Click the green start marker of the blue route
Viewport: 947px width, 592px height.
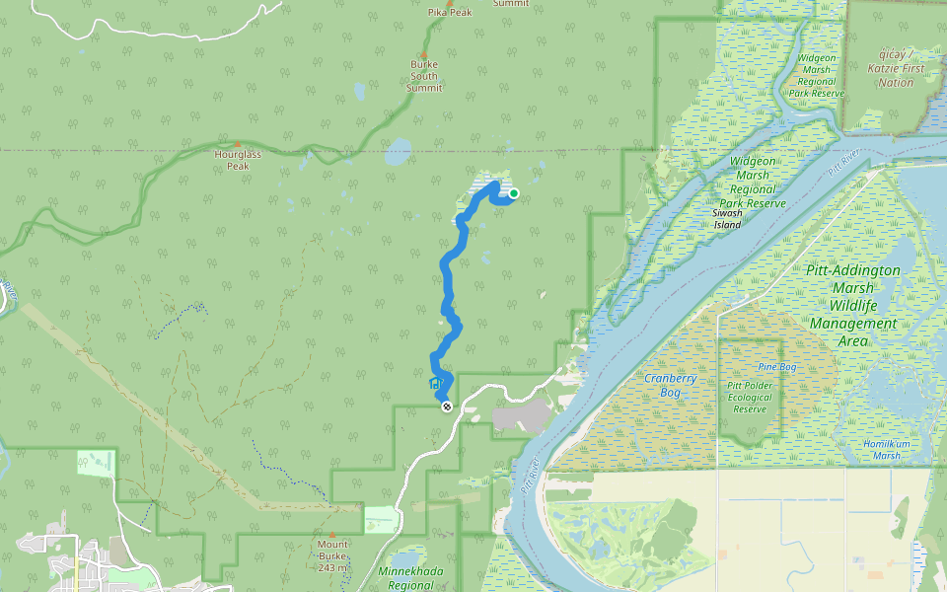pyautogui.click(x=514, y=193)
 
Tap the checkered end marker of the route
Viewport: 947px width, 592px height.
pyautogui.click(x=447, y=406)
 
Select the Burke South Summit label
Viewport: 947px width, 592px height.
pyautogui.click(x=424, y=76)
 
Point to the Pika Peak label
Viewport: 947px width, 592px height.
pyautogui.click(x=450, y=12)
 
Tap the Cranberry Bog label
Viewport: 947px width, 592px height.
pyautogui.click(x=671, y=384)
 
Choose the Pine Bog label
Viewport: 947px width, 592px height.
pyautogui.click(x=776, y=367)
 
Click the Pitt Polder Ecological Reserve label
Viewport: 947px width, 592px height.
pyautogui.click(x=750, y=397)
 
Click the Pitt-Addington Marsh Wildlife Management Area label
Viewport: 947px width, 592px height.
pyautogui.click(x=853, y=305)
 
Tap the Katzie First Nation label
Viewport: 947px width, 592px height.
pyautogui.click(x=896, y=68)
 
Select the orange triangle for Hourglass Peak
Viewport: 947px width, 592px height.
pyautogui.click(x=237, y=144)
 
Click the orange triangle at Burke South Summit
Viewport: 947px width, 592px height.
pyautogui.click(x=424, y=55)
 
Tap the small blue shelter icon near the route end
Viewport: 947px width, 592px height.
pyautogui.click(x=434, y=383)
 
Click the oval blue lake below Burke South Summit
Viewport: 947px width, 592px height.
pyautogui.click(x=398, y=152)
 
